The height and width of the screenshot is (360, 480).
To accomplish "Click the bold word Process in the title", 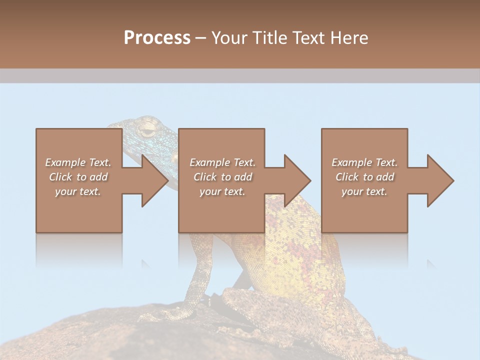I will point(157,38).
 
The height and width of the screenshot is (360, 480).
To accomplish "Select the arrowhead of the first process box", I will point(154,180).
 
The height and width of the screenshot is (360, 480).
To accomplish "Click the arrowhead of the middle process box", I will point(297,180).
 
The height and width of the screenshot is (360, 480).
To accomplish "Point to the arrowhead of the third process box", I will point(440,180).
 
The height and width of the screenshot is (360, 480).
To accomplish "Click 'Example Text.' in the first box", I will point(78,162).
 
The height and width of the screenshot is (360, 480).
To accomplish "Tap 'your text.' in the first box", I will point(78,191).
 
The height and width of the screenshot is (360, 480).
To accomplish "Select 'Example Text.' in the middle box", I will point(222,162).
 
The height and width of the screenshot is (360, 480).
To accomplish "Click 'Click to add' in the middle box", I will point(222,177).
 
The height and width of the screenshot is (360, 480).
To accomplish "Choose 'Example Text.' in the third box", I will point(364,162).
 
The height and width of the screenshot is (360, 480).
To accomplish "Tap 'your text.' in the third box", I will point(364,191).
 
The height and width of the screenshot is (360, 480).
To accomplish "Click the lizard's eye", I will point(147,130).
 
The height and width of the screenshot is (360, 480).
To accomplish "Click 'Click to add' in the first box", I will point(78,177).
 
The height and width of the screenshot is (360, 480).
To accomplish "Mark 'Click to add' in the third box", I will point(364,177).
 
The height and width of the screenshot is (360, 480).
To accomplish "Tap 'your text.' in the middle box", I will point(222,191).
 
